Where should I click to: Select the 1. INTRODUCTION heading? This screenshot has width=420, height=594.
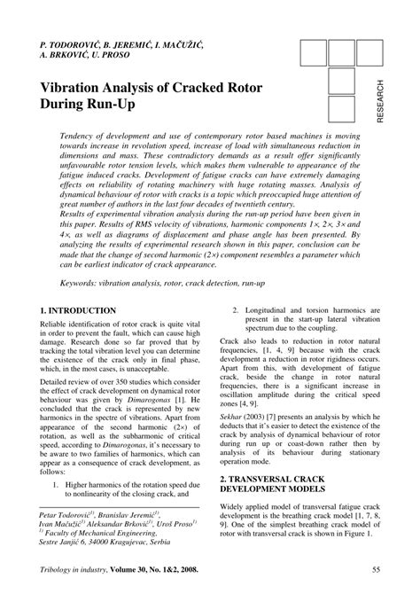click(x=78, y=311)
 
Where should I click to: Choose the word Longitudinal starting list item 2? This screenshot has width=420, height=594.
click(x=268, y=311)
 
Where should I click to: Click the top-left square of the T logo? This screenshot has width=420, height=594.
click(x=314, y=54)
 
